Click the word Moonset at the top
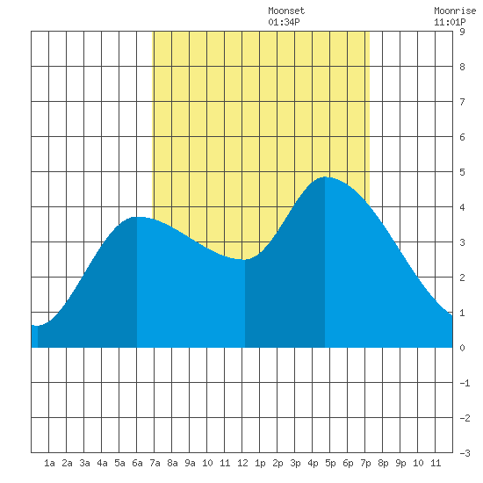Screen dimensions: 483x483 coord(286,11)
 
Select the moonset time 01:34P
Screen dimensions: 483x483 coord(284,22)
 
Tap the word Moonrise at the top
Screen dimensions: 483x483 coord(455,11)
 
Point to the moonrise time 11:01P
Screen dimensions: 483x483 coord(450,22)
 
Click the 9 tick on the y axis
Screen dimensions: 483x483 coord(462,32)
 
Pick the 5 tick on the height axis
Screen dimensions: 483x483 coord(462,172)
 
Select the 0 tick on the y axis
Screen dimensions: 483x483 coord(462,348)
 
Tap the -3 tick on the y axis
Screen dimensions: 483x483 coord(465,453)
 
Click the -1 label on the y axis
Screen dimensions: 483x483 coord(465,383)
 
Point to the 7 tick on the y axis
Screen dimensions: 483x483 coord(462,102)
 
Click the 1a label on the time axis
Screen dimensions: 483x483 coord(49,463)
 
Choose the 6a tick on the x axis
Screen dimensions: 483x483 coord(137,463)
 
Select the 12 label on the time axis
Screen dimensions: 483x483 coord(242,463)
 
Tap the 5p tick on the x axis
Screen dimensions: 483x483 coord(330,463)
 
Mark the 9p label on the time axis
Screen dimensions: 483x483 coord(400,463)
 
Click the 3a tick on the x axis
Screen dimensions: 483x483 coord(84,463)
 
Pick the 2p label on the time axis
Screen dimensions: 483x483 coord(278,463)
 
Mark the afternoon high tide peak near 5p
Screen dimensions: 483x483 coord(325,177)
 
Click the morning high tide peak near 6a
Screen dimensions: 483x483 coord(137,217)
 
